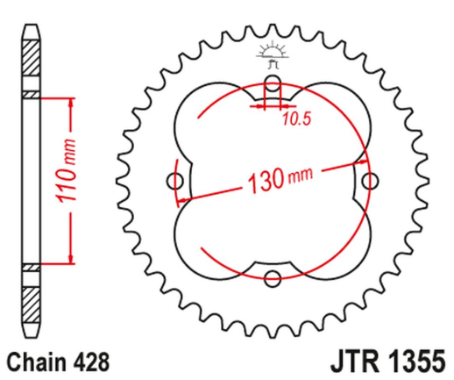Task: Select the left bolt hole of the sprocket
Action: click(174, 183)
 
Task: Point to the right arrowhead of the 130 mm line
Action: click(361, 163)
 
